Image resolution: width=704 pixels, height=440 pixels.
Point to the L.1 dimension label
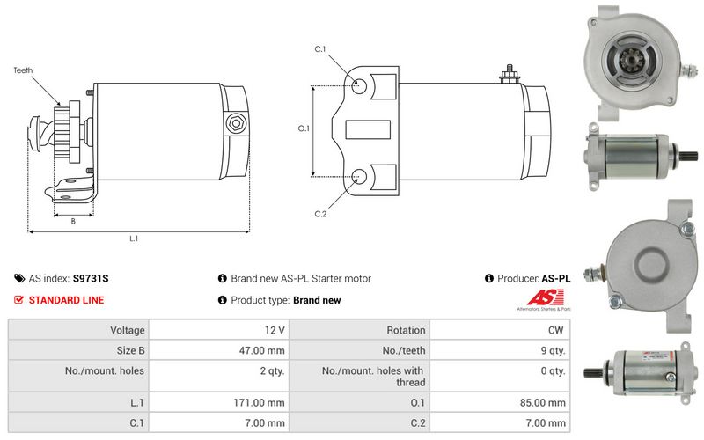pyautogui.click(x=135, y=238)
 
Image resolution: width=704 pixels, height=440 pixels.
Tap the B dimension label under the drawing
pyautogui.click(x=73, y=221)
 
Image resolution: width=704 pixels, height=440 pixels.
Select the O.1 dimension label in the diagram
pyautogui.click(x=304, y=128)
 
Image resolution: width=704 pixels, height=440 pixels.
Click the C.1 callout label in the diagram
pyautogui.click(x=320, y=49)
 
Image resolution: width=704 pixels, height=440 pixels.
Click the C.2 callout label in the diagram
pyautogui.click(x=320, y=214)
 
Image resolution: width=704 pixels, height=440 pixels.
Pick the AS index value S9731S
pyautogui.click(x=91, y=278)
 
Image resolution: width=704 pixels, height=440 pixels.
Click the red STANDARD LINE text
pyautogui.click(x=66, y=300)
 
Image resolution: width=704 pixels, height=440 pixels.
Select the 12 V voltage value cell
pyautogui.click(x=274, y=330)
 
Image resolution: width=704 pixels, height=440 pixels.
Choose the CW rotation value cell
pyautogui.click(x=557, y=330)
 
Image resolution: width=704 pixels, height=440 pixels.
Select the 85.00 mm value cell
pyautogui.click(x=541, y=401)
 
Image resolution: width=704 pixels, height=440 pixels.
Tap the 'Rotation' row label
pyautogui.click(x=407, y=330)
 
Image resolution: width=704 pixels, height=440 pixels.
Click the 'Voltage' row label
pyautogui.click(x=127, y=330)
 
